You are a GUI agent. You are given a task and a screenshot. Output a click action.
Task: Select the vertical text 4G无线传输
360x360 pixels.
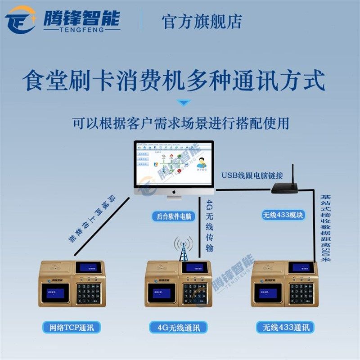209,225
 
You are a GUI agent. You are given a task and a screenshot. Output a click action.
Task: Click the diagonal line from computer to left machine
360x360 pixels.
103,225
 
